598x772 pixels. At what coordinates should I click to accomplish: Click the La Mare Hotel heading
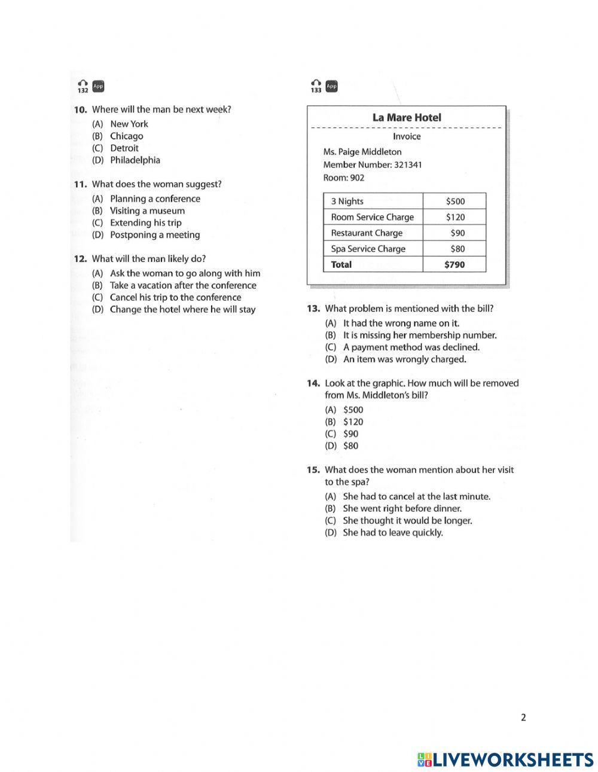click(407, 118)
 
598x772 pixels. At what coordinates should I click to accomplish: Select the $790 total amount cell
click(454, 264)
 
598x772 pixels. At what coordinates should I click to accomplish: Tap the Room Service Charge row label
click(372, 217)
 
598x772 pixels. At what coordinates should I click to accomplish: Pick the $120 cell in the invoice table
click(455, 217)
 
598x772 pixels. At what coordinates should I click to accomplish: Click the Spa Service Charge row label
click(368, 249)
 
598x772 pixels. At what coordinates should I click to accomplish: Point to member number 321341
click(407, 164)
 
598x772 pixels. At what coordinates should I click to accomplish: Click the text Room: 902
click(343, 178)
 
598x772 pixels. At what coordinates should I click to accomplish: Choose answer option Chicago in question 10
click(126, 136)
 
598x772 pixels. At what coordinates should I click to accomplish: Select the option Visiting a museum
click(147, 210)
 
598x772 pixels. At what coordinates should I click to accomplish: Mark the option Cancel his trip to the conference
click(175, 297)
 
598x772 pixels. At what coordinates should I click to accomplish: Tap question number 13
click(314, 309)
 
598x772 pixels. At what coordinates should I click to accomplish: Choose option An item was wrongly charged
click(404, 359)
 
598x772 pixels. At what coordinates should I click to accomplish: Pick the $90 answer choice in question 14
click(350, 434)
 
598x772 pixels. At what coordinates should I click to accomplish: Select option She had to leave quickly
click(392, 532)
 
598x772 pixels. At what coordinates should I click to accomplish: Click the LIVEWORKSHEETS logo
click(505, 759)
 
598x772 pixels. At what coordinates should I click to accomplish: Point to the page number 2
click(523, 718)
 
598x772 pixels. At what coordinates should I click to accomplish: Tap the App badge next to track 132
click(98, 86)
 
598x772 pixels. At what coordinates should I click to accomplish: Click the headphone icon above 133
click(316, 83)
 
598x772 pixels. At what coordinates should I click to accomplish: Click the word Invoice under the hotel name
click(407, 136)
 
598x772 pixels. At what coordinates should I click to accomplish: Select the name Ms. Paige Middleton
click(362, 152)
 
